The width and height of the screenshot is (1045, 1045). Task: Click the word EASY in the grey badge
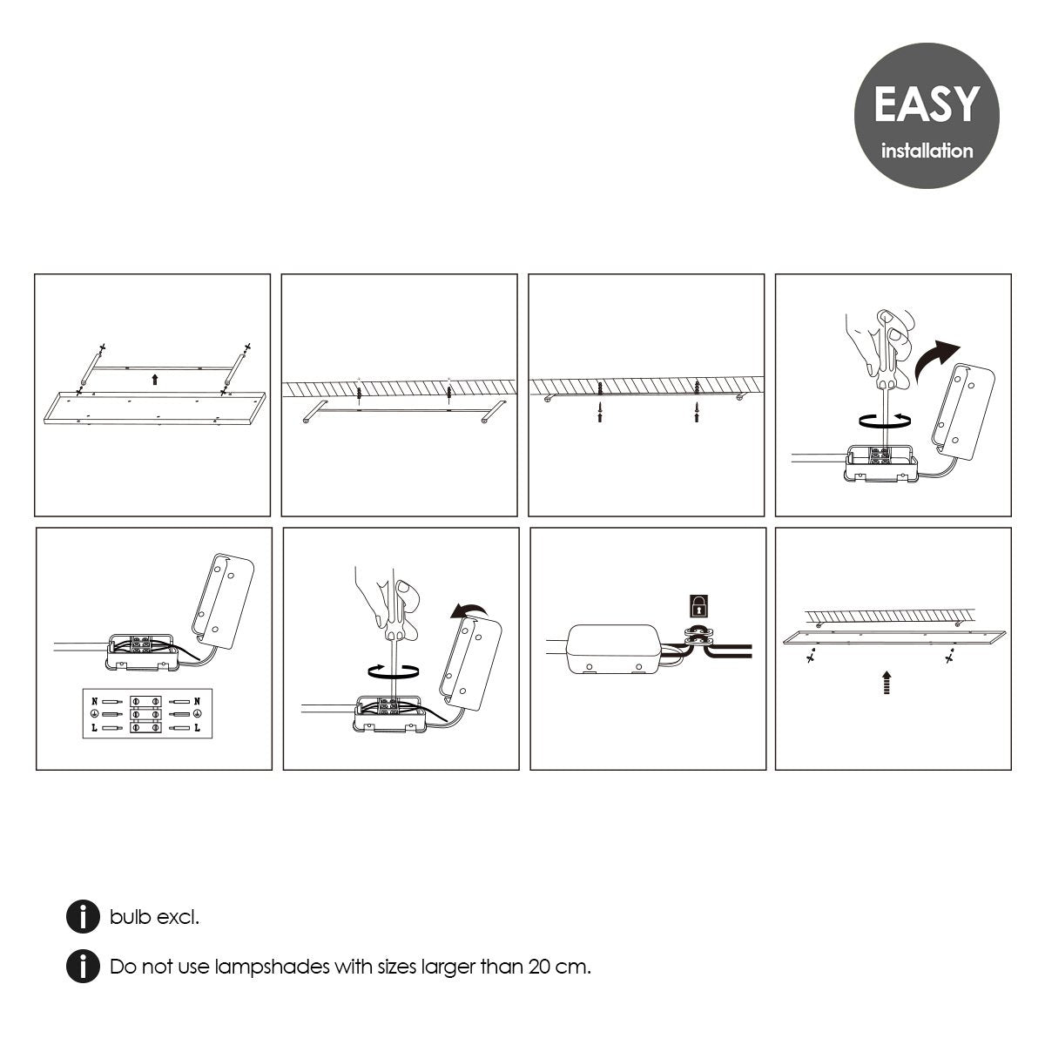tap(926, 104)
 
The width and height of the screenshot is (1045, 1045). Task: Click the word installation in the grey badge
tap(927, 151)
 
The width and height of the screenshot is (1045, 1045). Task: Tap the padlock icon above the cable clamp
tap(699, 606)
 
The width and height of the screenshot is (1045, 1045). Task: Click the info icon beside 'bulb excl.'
tap(83, 916)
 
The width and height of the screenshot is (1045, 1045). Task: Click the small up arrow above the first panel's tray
tap(155, 379)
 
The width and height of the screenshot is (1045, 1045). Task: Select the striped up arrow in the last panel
tap(887, 682)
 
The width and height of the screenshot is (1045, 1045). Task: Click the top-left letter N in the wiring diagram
tap(95, 701)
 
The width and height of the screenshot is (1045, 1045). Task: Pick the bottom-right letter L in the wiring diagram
tap(197, 727)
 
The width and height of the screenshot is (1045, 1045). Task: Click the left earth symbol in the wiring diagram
tap(94, 714)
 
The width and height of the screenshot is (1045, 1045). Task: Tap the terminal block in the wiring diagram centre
tap(146, 714)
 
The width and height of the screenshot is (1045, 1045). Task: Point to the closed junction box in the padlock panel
tap(614, 649)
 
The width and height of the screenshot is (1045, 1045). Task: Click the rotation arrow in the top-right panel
tap(885, 421)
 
